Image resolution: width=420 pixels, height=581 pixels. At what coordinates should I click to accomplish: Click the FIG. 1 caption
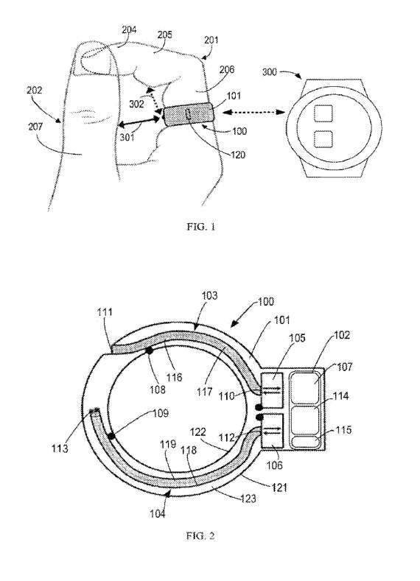[201, 227]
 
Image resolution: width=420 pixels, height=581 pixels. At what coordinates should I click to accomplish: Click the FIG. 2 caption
[200, 536]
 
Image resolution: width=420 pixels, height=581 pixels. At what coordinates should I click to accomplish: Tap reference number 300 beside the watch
[270, 72]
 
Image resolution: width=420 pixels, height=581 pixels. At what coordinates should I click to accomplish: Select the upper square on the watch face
[323, 113]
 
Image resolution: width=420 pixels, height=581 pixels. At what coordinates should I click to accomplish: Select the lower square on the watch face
[323, 140]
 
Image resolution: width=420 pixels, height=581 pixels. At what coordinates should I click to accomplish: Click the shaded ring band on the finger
[189, 114]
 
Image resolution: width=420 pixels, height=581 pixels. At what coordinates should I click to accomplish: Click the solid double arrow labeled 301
[140, 121]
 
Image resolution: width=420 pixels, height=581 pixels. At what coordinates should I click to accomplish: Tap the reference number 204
[129, 30]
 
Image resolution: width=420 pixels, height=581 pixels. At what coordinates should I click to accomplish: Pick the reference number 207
[35, 127]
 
